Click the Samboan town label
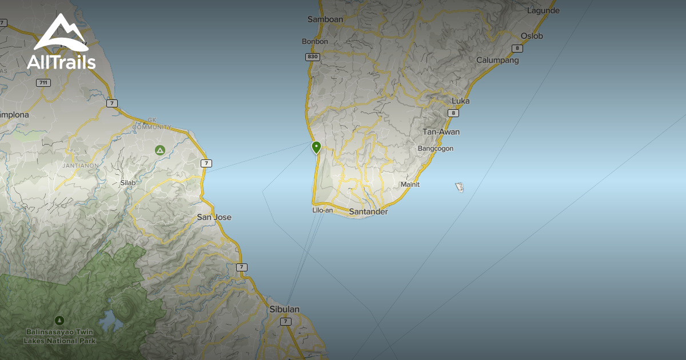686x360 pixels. coord(325,19)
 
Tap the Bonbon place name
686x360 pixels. coord(315,42)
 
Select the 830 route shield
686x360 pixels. coord(312,57)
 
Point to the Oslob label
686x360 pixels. coord(532,36)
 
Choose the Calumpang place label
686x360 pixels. coord(497,61)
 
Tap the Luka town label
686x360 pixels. coord(460,101)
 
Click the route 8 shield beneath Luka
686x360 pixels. coord(453,113)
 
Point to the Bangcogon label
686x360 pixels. coord(436,149)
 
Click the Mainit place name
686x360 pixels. coord(410,185)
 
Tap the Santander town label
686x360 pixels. coord(368,212)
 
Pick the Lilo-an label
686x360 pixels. coord(322,210)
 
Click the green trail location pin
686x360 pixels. coord(316,147)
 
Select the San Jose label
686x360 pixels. coord(214,217)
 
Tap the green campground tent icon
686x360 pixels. coord(160,150)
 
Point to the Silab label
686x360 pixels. coord(128,183)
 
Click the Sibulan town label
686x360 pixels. coord(284,309)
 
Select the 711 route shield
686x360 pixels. coord(43,83)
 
